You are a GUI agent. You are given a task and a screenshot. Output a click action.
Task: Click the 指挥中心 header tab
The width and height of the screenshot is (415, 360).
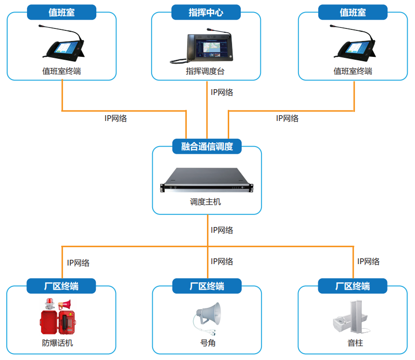[x=206, y=13]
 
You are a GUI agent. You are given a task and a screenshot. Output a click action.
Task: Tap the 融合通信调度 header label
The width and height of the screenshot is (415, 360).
[x=207, y=147]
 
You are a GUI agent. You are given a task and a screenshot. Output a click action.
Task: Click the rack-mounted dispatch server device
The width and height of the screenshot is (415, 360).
[x=207, y=180]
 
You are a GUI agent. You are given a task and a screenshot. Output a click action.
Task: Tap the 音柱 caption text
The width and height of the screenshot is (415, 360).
[x=355, y=343]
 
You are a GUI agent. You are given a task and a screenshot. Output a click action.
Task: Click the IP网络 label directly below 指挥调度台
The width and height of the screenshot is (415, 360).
[x=222, y=93]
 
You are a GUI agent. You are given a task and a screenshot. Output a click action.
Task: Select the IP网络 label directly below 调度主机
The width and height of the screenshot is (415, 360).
[x=222, y=230]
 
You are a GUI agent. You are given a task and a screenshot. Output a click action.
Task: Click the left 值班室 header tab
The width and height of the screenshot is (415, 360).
[x=62, y=13]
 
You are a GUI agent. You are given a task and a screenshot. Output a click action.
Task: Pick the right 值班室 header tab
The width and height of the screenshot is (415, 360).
[x=353, y=13]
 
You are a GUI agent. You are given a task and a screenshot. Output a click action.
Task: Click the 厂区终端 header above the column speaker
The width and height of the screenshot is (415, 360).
[x=353, y=286]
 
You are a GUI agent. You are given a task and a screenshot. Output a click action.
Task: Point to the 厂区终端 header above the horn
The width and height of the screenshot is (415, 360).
[x=207, y=286]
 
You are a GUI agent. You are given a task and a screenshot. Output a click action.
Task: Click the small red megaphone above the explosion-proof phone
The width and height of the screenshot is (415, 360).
[x=65, y=305]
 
